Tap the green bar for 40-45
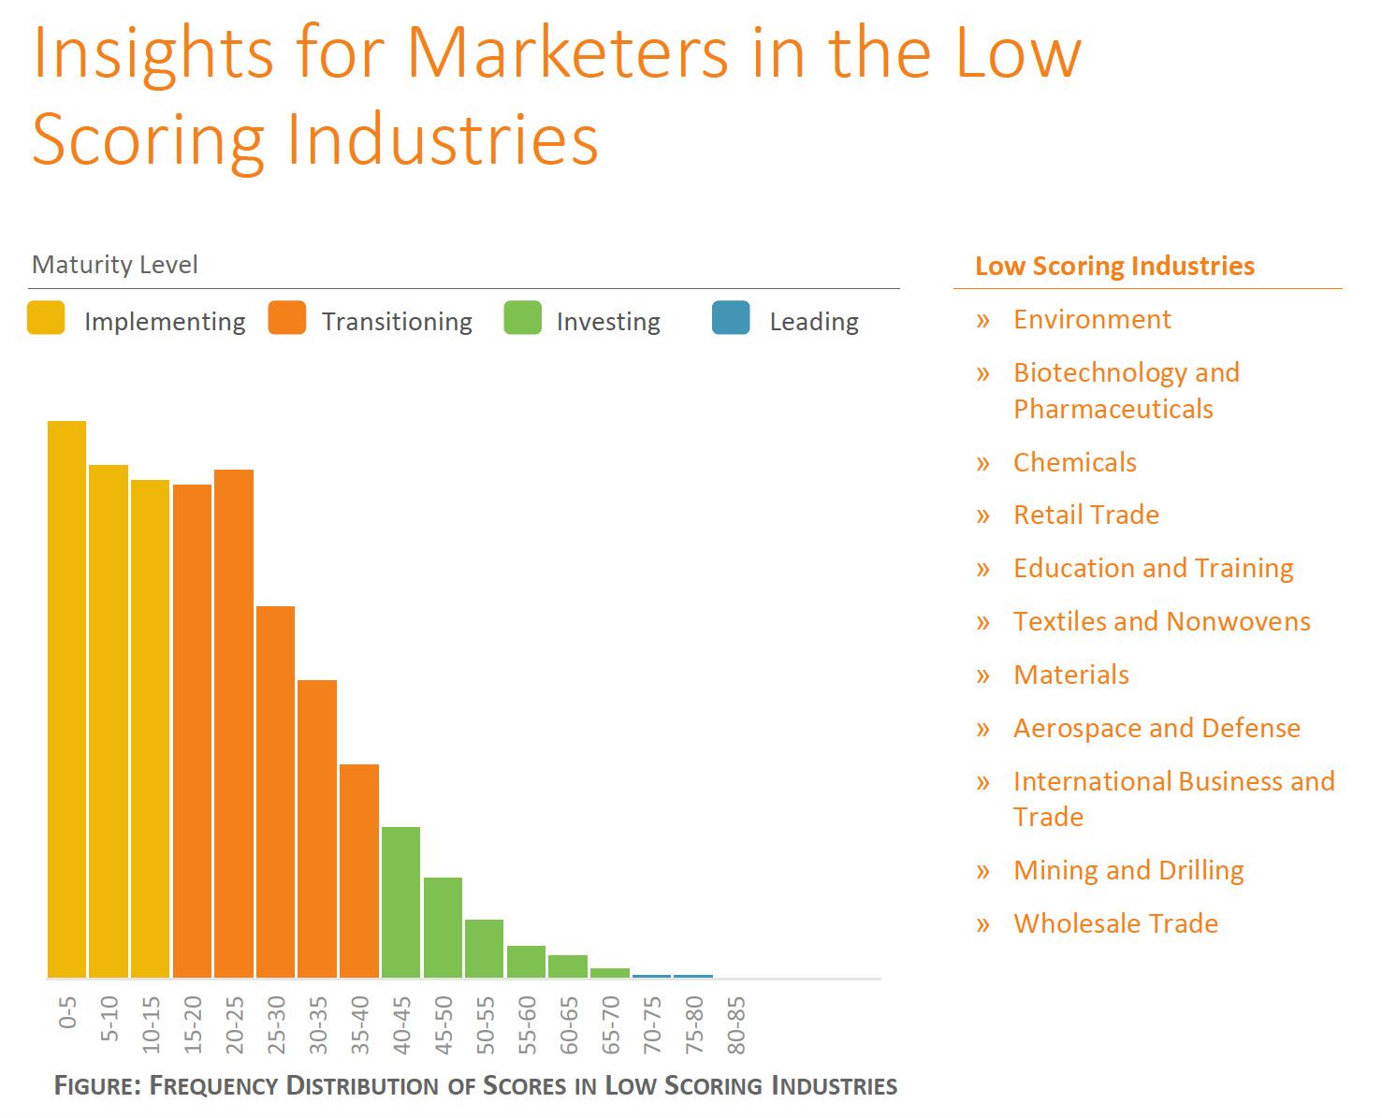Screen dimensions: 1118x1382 click(400, 902)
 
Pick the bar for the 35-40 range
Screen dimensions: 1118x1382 click(359, 871)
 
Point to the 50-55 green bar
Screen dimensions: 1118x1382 click(484, 949)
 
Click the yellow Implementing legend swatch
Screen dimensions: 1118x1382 click(46, 318)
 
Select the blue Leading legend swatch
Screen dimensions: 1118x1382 click(731, 318)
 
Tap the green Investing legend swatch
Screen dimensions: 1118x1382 click(522, 318)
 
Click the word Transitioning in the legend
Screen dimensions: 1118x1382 click(397, 322)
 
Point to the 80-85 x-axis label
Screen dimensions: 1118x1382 click(737, 1025)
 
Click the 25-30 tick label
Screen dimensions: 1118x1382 click(277, 1025)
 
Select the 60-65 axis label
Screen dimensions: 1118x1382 click(570, 1025)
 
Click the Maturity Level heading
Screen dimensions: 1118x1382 click(115, 265)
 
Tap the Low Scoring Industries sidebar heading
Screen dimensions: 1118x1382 click(1114, 266)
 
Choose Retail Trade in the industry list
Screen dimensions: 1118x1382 click(1086, 515)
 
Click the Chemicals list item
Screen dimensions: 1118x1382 click(1075, 462)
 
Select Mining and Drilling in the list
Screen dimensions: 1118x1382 click(1128, 870)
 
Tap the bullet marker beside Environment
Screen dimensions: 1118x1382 click(982, 320)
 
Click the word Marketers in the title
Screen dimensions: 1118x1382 click(568, 52)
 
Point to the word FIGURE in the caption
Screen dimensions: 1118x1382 click(97, 1085)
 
